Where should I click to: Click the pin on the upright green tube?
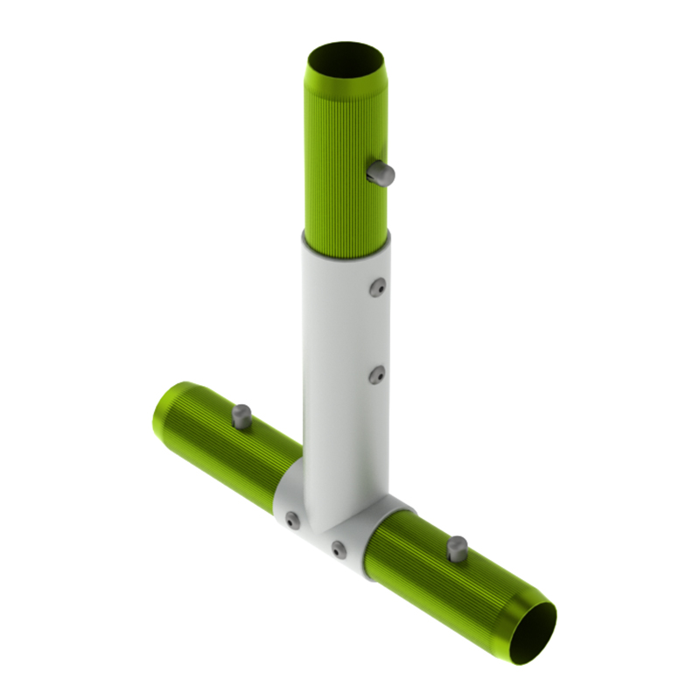(381, 173)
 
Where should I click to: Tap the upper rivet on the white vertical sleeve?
(377, 287)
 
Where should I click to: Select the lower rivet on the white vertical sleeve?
(376, 375)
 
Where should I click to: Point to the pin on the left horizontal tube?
(242, 416)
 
